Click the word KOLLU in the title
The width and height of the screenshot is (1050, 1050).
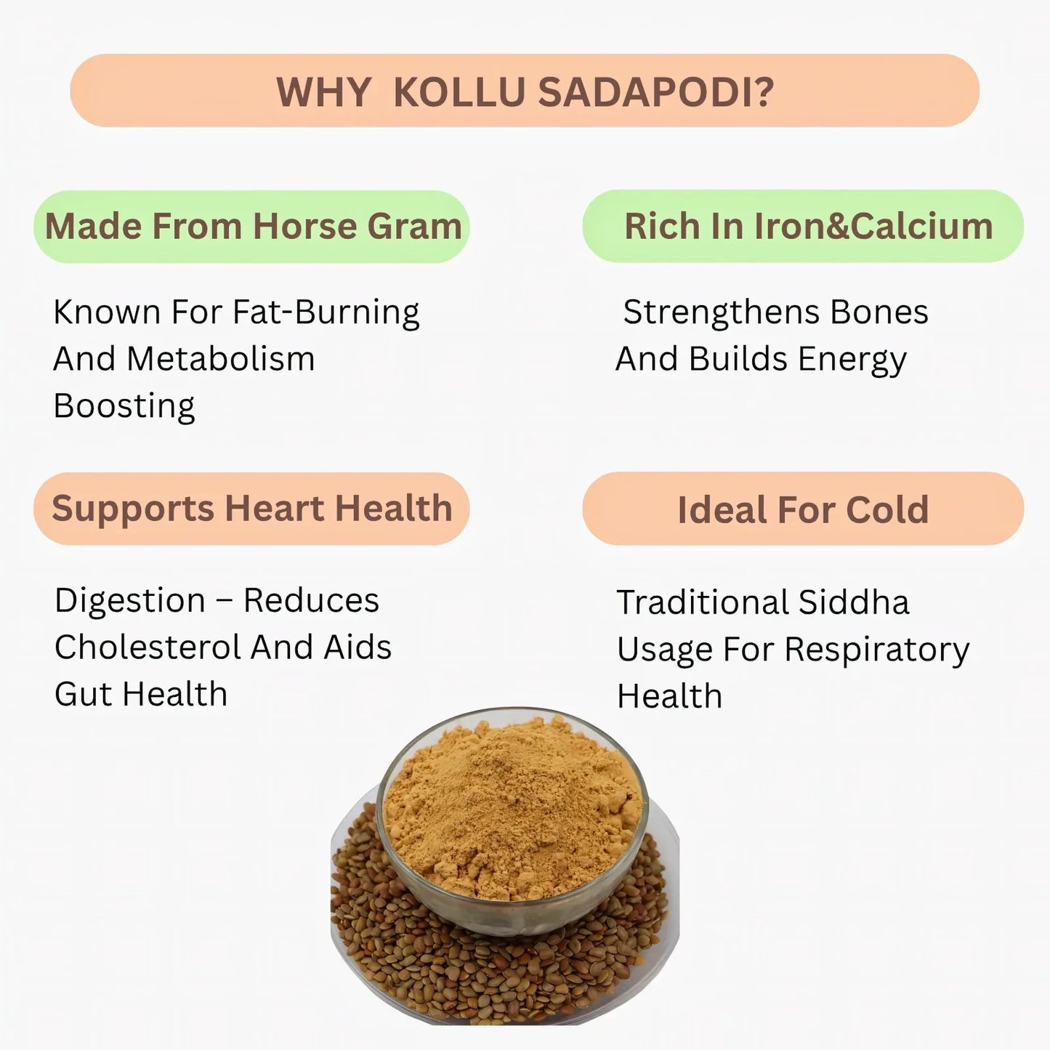click(x=459, y=92)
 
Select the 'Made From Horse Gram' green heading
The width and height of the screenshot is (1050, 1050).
click(x=253, y=226)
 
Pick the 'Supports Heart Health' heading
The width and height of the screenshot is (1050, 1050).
click(x=252, y=508)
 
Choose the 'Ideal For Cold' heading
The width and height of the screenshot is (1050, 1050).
click(x=803, y=509)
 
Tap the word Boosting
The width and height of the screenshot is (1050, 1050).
click(x=124, y=406)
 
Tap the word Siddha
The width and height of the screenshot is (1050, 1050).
click(x=853, y=602)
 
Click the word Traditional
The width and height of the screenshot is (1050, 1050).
click(x=702, y=602)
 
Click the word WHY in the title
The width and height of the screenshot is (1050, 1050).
click(x=323, y=92)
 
